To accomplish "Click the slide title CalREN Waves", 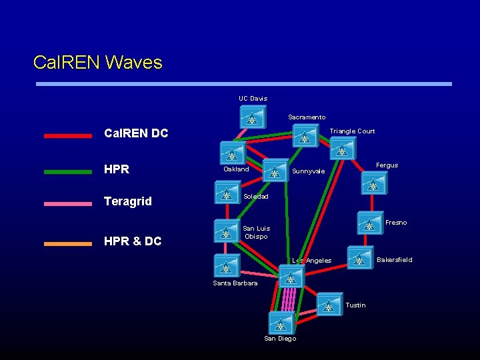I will tap(98, 63).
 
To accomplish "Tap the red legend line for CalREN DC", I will tap(68, 135).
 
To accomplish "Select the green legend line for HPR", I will tap(68, 171).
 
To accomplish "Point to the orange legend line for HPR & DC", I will tap(68, 243).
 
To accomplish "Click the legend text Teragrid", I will tap(128, 201).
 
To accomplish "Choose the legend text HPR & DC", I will tap(133, 241).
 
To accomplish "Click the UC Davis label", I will tap(253, 99).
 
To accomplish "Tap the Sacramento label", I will tap(307, 117).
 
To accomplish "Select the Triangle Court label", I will tap(352, 131).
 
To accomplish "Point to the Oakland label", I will tap(236, 169).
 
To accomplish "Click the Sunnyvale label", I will tap(309, 171).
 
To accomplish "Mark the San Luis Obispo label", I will tap(256, 232).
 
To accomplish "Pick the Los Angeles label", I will tap(311, 261).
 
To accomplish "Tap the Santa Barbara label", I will tap(235, 283).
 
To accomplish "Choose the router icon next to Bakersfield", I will tap(360, 258).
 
